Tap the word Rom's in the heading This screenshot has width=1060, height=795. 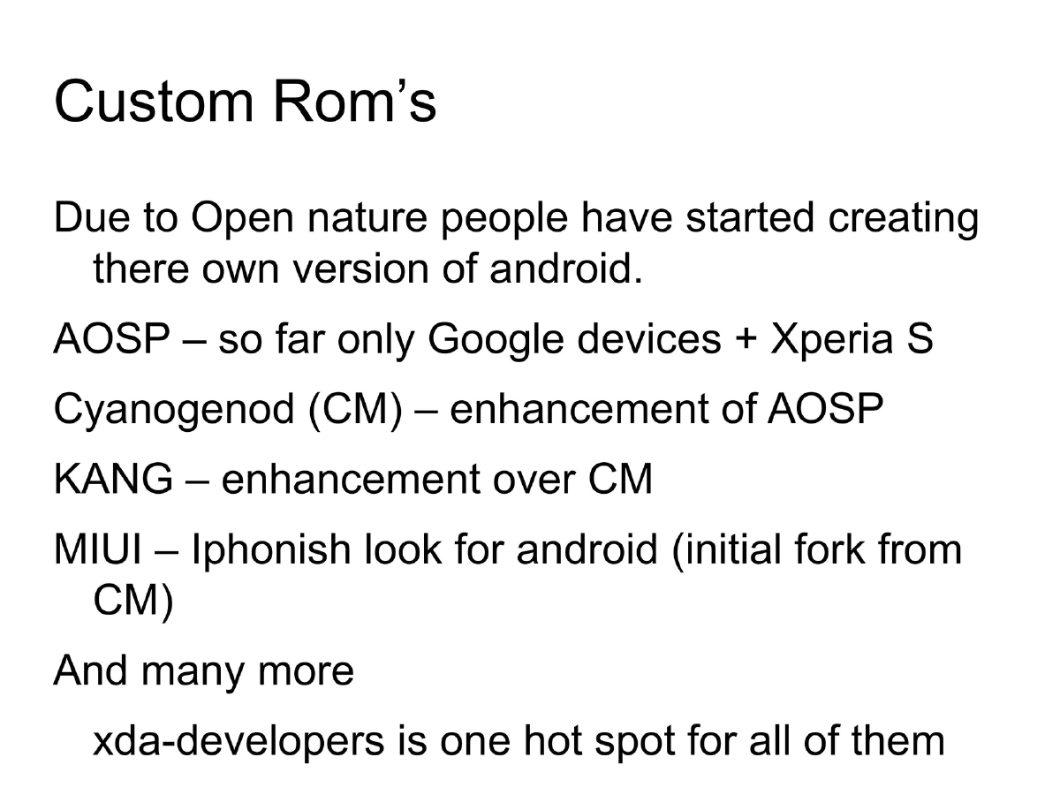(354, 102)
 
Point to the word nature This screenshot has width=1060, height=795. (365, 218)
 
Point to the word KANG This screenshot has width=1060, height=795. (113, 480)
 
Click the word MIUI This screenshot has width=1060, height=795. (98, 549)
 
